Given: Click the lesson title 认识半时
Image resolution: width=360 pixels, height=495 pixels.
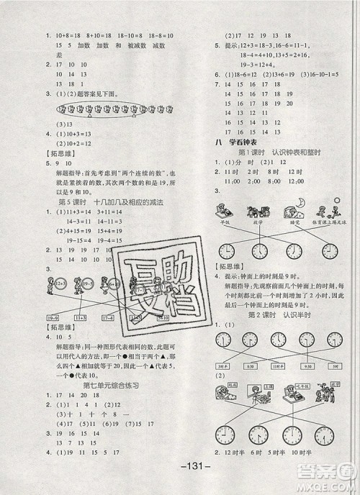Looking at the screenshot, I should [297, 315].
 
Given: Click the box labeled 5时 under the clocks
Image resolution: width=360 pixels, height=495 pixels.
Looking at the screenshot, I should [336, 366].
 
